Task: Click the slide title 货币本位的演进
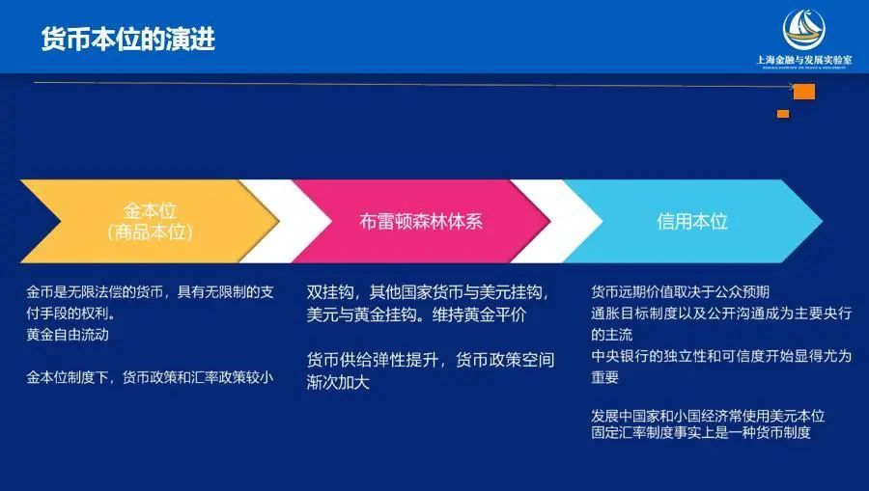128,40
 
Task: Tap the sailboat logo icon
803,29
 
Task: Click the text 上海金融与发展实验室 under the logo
803,60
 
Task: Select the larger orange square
804,92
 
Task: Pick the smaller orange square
782,114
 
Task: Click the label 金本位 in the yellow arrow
150,210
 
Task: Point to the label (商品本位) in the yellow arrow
150,232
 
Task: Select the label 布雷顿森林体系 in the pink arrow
421,222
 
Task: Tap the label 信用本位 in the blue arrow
692,222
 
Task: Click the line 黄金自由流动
68,335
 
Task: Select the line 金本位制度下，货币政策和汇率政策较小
150,377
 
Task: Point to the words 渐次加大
338,382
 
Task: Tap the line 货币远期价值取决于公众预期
680,291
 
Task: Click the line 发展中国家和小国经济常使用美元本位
708,416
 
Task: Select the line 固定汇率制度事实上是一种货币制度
701,432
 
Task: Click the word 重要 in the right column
604,377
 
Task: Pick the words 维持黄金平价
479,315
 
